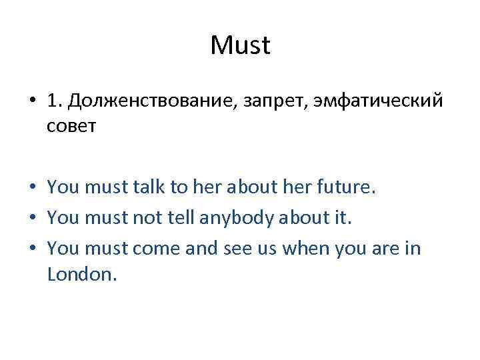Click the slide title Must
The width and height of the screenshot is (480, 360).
point(240,46)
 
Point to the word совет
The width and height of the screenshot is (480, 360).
point(72,126)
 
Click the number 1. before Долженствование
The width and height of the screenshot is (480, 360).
point(55,101)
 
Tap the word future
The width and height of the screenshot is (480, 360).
point(344,189)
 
